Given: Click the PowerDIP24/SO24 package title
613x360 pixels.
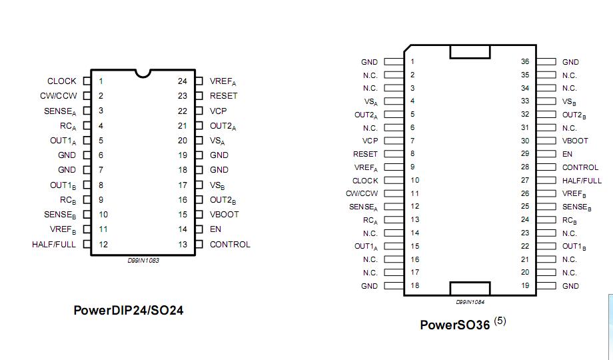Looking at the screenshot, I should tap(128, 310).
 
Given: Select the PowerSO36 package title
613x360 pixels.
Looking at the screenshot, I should tap(454, 325).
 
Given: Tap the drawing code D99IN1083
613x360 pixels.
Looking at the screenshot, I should tap(143, 261).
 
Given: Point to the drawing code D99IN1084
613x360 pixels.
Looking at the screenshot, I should tap(470, 302).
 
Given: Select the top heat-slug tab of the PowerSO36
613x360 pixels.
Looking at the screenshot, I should tap(470, 52).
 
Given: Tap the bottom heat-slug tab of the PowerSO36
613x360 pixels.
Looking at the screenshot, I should tap(470, 288).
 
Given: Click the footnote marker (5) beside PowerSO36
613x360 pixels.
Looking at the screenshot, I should tap(500, 321).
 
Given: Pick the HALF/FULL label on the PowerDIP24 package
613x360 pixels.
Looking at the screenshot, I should tap(54, 244).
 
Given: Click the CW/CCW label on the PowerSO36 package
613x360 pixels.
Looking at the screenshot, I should tap(362, 193).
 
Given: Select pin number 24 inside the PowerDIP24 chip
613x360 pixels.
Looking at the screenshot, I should tap(182, 81).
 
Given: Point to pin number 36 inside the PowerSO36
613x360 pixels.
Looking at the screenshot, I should tap(525, 62).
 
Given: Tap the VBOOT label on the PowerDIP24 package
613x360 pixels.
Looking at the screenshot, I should tap(224, 215).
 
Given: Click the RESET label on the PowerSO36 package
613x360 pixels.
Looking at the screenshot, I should tap(365, 154).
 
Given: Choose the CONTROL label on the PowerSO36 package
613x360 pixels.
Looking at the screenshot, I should tap(580, 167).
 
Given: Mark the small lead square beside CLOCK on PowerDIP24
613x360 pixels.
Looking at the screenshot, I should tap(87, 81).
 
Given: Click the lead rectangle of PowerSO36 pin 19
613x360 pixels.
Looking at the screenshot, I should tap(546, 286).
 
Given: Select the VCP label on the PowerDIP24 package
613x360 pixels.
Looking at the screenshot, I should tap(218, 111).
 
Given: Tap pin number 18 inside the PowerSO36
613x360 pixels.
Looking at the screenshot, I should tap(414, 286).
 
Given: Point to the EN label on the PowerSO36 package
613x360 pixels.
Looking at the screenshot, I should tap(567, 154).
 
